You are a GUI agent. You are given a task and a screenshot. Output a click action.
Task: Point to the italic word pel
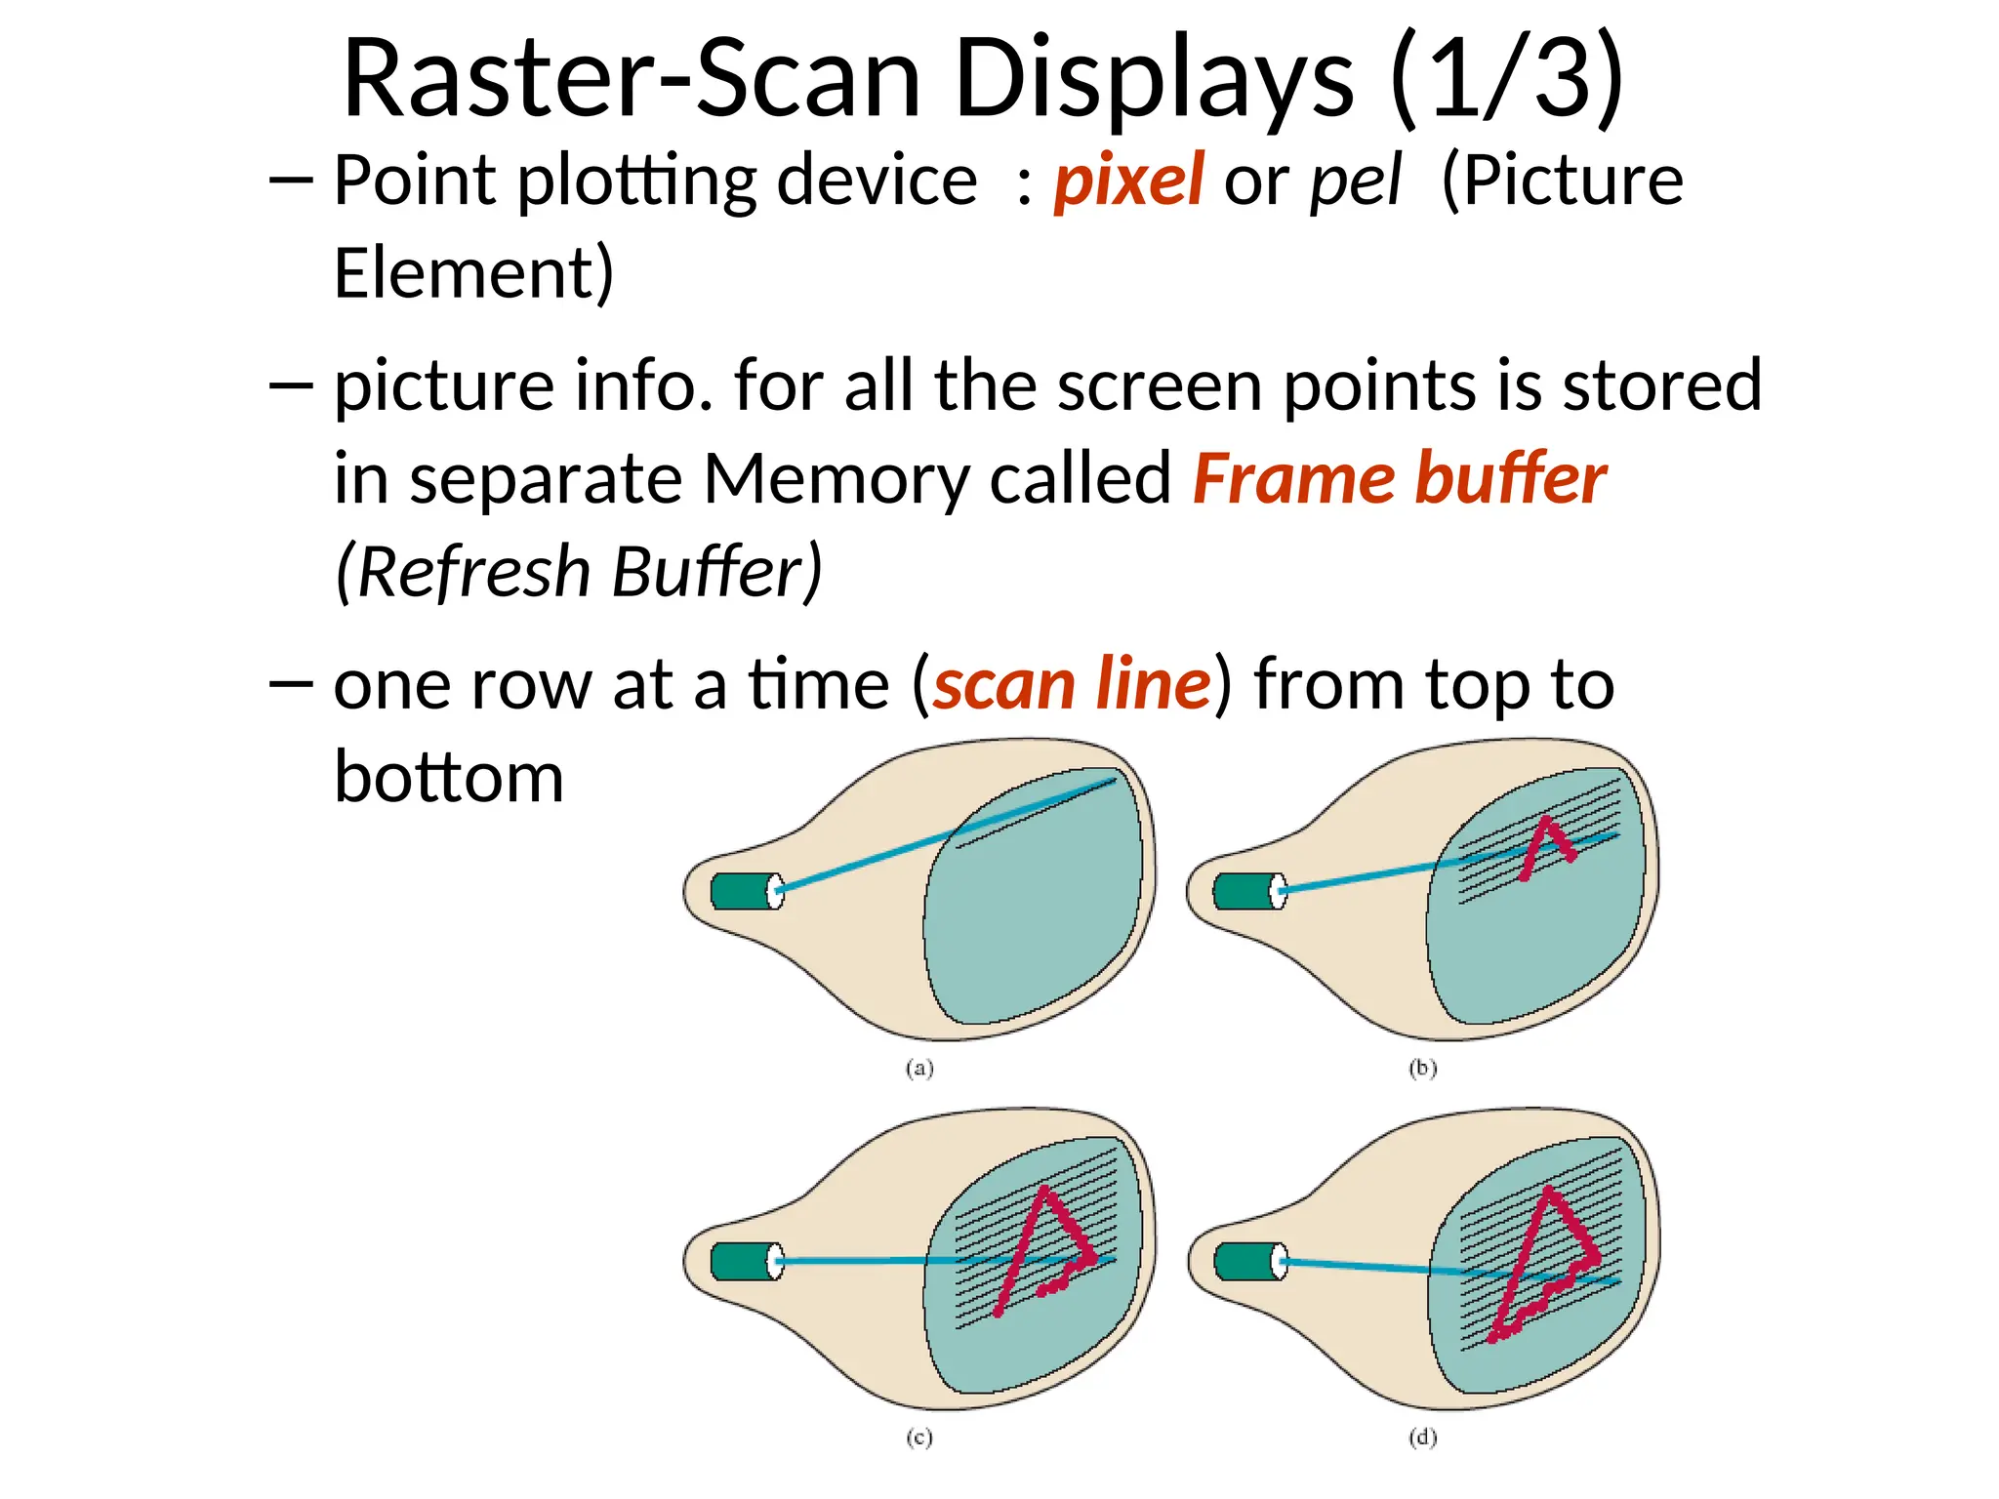pos(1356,182)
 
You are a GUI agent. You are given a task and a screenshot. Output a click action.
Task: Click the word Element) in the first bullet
pos(473,273)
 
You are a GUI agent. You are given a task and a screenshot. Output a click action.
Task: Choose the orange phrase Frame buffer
pos(1399,479)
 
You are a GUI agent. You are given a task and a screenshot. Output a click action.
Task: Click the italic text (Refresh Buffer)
pos(579,572)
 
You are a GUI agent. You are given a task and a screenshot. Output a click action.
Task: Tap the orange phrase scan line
pos(1072,684)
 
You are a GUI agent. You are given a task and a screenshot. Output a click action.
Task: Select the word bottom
pos(449,778)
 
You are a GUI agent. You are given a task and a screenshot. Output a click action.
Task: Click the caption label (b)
pos(1423,1069)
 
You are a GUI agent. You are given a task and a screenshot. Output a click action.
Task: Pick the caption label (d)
pos(1423,1438)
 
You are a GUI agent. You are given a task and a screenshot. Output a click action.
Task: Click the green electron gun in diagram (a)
pos(742,891)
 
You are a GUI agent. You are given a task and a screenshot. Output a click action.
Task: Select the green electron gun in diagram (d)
pos(1245,1261)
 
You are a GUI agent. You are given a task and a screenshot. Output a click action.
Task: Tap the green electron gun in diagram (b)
pos(1244,891)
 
